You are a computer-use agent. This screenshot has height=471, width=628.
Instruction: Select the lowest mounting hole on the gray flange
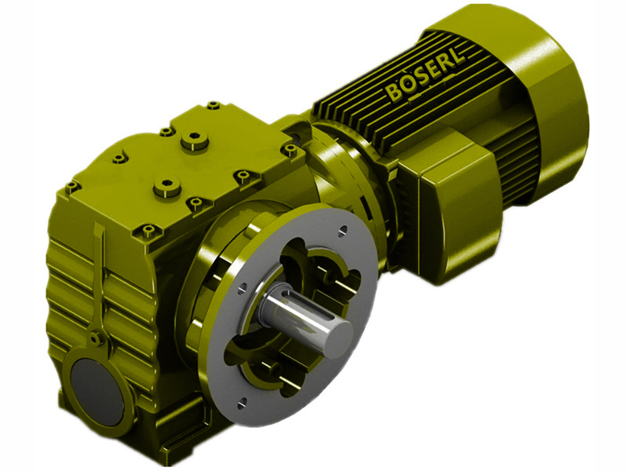242,403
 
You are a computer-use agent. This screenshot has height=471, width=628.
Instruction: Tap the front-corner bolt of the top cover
148,231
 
